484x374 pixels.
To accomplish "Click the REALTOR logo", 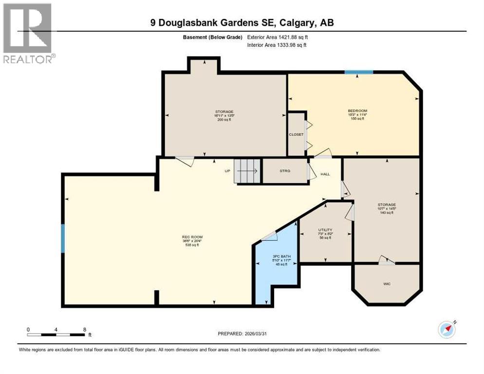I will [28, 33].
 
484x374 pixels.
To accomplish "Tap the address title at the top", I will [242, 22].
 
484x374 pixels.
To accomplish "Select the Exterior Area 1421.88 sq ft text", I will [278, 37].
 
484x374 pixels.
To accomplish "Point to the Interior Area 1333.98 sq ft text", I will [277, 45].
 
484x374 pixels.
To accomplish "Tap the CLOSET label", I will [296, 134].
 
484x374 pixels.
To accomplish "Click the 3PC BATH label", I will [279, 257].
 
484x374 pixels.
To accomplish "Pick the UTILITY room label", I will [325, 230].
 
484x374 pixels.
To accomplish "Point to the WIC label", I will [386, 283].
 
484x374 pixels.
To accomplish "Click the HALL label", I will [325, 174].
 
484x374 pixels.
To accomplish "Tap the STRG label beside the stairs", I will [285, 171].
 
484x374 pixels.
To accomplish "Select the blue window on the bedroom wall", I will [359, 72].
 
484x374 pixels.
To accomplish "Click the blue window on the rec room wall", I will [63, 238].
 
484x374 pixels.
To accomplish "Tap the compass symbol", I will [447, 330].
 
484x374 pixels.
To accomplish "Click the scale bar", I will [56, 335].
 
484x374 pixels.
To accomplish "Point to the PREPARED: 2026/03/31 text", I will [242, 334].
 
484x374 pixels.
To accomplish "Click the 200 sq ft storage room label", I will [224, 115].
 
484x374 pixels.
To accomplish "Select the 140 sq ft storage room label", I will [387, 208].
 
